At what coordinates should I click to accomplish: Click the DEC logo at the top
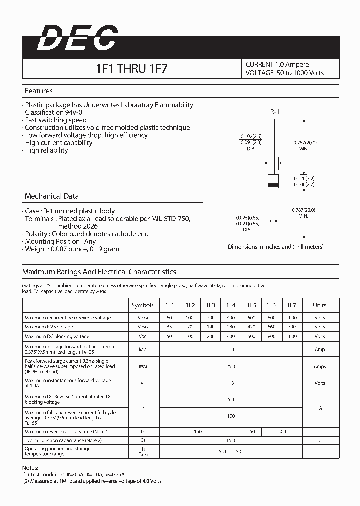tap(78, 39)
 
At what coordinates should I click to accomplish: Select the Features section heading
tap(39, 91)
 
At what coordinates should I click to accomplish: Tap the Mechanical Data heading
tap(52, 196)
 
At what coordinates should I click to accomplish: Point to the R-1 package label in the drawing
tap(275, 113)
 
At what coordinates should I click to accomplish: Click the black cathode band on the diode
tap(273, 184)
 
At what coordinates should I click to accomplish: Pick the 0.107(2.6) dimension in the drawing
tap(251, 136)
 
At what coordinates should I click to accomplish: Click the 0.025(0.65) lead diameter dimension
tap(248, 218)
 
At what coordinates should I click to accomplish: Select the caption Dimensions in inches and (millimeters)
tap(276, 247)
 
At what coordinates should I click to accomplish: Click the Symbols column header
tap(143, 305)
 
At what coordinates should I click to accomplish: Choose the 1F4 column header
tap(230, 305)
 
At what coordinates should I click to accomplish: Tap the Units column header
tap(320, 305)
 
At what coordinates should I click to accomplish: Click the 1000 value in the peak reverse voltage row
tap(291, 318)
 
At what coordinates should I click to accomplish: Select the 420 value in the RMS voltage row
tap(251, 327)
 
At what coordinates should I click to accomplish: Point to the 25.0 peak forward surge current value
tap(231, 366)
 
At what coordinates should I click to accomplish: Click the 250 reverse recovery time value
tap(251, 432)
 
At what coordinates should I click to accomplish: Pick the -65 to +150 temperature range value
tap(231, 452)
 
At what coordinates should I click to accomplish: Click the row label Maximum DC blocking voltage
tap(57, 337)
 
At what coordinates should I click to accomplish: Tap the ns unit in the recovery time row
tap(320, 432)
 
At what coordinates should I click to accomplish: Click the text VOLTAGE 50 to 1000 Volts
tap(285, 73)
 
